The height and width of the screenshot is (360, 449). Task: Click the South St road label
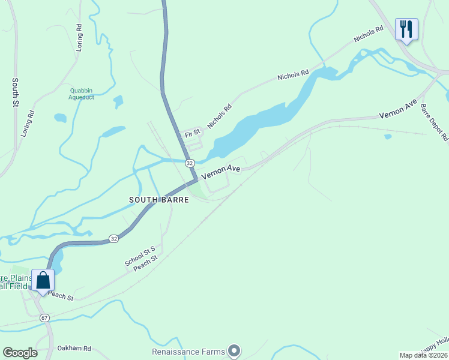[16, 92]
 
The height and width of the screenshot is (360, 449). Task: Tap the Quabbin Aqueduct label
[81, 94]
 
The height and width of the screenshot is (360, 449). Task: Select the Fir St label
[192, 133]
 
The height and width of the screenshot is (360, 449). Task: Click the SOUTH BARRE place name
[159, 200]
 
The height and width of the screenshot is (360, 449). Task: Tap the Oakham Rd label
[74, 348]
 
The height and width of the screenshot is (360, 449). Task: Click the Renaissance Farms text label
[188, 352]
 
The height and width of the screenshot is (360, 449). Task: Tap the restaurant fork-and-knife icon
[406, 29]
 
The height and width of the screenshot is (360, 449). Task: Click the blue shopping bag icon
[43, 280]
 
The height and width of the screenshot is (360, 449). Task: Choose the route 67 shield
[44, 317]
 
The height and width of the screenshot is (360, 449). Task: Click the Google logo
[20, 353]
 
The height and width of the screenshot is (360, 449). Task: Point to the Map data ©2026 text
[423, 355]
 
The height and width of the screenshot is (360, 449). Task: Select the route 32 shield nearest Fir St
[190, 163]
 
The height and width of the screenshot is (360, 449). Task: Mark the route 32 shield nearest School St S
[114, 239]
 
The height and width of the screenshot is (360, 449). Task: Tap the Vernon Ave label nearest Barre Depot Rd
[397, 109]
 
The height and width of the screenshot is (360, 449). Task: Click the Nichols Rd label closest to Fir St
[219, 117]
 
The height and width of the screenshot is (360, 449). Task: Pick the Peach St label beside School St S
[146, 263]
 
